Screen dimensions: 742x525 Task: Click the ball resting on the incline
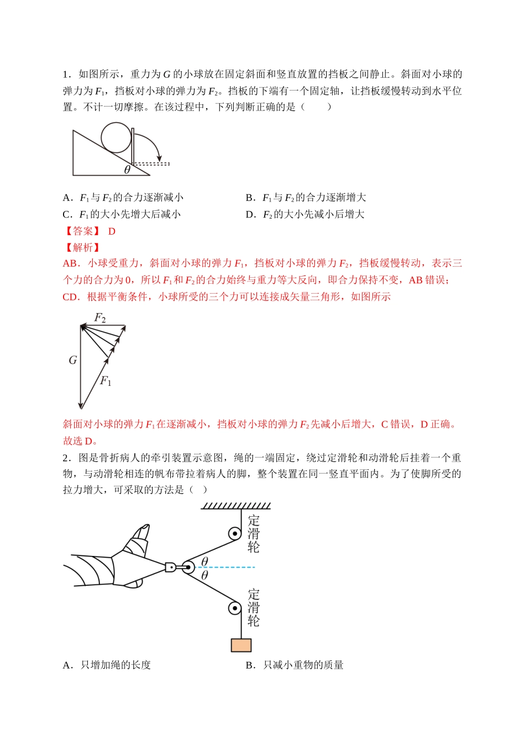click(116, 137)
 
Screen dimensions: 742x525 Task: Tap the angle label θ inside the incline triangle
click(127, 169)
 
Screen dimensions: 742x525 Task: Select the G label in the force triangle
click(72, 361)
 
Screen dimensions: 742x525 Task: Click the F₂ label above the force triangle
click(100, 317)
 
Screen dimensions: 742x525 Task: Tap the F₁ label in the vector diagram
click(106, 381)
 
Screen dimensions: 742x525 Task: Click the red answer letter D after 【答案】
click(112, 231)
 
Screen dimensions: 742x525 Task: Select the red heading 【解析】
click(82, 247)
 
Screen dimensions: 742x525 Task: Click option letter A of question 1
click(67, 198)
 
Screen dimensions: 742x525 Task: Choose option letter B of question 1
click(250, 198)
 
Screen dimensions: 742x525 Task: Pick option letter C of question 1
click(67, 214)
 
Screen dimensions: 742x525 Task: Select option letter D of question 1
click(250, 214)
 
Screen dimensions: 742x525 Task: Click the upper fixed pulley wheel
click(235, 534)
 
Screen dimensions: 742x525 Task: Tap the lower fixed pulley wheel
click(235, 608)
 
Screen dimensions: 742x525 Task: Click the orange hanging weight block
click(241, 645)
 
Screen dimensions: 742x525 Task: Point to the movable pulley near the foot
click(187, 567)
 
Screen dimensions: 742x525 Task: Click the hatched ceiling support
click(236, 505)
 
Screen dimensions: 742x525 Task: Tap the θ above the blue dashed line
click(205, 561)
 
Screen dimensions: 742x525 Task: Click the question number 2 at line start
click(65, 458)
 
